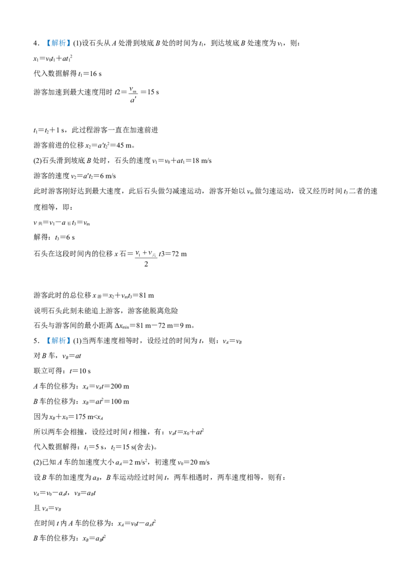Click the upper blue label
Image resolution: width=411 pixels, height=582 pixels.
tap(58, 43)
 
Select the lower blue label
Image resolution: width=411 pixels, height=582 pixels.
tap(58, 340)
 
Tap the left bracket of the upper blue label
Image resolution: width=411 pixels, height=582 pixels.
tap(48, 43)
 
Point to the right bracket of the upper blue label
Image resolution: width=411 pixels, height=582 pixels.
tap(67, 43)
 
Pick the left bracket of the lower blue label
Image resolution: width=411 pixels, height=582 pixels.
tap(48, 340)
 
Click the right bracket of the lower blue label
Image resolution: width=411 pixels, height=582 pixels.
tap(67, 340)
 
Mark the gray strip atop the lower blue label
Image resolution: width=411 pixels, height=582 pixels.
tap(58, 335)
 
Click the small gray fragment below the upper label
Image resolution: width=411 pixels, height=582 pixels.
tap(133, 95)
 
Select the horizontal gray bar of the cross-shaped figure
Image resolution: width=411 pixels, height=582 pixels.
tap(146, 257)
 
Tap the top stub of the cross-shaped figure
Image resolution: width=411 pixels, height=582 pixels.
tap(146, 249)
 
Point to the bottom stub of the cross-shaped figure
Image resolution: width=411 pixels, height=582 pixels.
tap(146, 264)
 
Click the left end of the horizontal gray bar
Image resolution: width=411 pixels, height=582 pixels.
tap(133, 257)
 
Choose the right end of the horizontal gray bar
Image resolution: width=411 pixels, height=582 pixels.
tap(159, 257)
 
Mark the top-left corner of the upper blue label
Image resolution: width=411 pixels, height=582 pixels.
tap(46, 38)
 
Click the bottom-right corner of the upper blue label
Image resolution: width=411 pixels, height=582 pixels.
tap(69, 48)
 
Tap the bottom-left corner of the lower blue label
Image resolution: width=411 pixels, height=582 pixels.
tap(46, 345)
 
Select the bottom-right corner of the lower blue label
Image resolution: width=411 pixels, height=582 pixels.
tap(69, 345)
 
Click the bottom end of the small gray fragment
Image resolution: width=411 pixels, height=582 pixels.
tap(133, 102)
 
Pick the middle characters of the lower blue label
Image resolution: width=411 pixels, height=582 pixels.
tap(58, 341)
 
